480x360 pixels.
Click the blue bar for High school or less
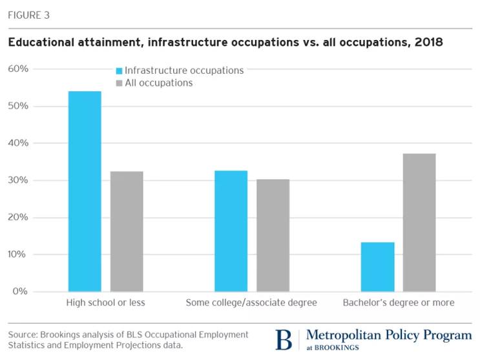(x=85, y=191)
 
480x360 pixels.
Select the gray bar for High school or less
(x=127, y=231)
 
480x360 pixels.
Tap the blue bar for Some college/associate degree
(x=231, y=231)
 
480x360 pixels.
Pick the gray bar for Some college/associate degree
(x=273, y=235)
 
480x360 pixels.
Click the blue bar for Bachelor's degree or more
(x=377, y=267)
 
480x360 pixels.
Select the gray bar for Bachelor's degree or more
(x=419, y=222)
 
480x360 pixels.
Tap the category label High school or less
(x=106, y=302)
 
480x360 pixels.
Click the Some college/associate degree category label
(x=251, y=302)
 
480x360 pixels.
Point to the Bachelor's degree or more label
(x=399, y=302)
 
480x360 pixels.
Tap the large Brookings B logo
(x=283, y=339)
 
